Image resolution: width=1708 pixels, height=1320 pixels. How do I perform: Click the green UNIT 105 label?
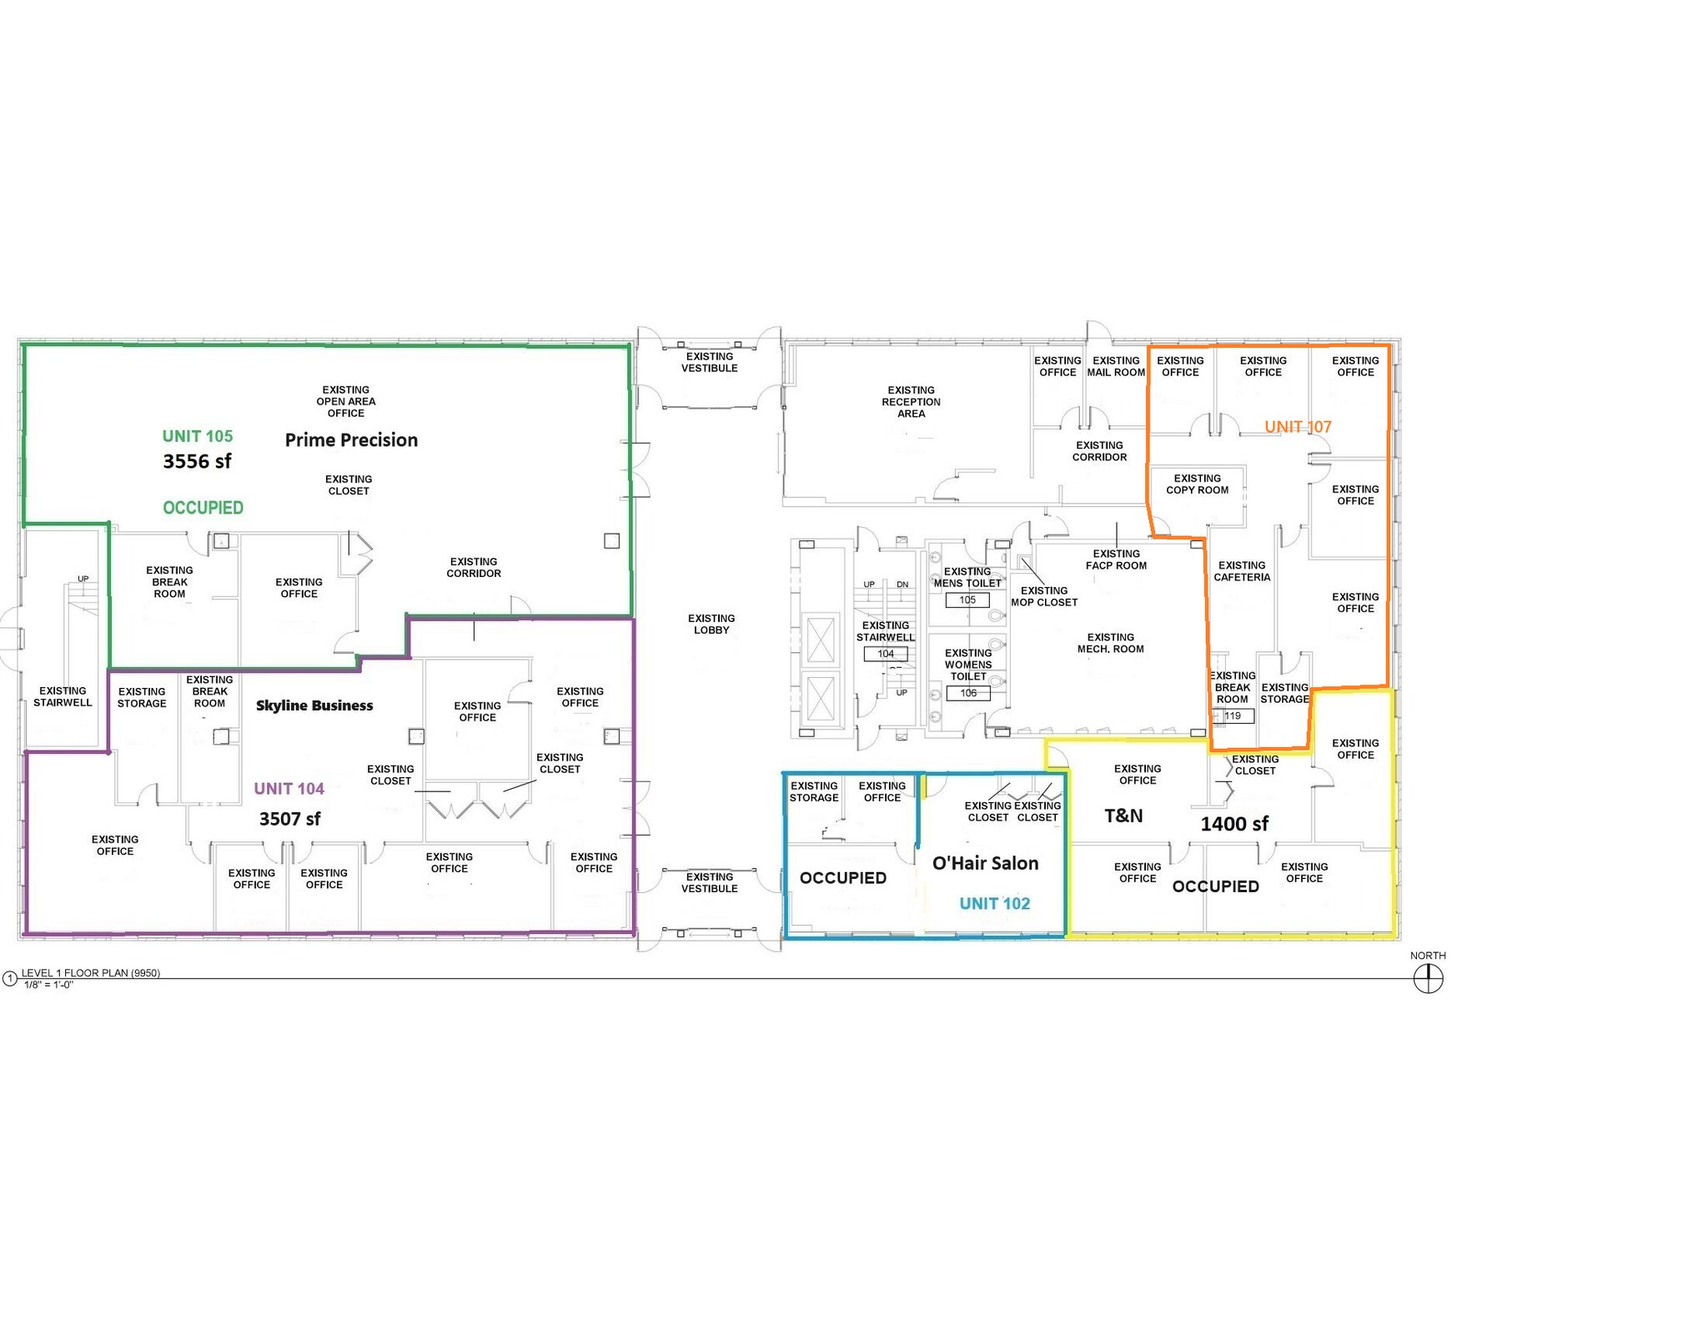pos(198,436)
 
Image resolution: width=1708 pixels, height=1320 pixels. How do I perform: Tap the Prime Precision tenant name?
pos(351,440)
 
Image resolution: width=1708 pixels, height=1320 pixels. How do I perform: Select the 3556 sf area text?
pos(197,462)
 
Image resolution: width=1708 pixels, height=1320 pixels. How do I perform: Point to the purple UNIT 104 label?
pos(289,789)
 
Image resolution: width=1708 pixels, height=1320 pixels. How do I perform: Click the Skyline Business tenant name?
pos(314,705)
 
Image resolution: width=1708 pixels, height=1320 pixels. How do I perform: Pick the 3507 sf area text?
pos(289,819)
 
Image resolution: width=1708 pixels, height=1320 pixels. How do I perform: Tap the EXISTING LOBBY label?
pos(711,625)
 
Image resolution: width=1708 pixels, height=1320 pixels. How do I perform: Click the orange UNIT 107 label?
pos(1298,427)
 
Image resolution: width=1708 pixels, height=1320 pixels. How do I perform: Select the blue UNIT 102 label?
pos(994,904)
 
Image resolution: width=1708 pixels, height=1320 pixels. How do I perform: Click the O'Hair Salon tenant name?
pos(985,864)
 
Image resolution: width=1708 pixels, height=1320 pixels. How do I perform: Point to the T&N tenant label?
pos(1123,816)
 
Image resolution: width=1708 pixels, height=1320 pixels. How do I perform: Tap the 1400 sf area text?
pos(1234,825)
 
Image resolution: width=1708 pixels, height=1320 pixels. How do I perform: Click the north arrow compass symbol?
pos(1428,978)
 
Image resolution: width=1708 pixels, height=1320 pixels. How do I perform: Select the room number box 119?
pos(1233,716)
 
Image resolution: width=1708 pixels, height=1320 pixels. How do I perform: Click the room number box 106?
pos(968,693)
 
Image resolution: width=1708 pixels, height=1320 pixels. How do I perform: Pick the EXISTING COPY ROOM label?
pos(1197,484)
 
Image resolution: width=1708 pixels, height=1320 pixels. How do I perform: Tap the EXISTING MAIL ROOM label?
pos(1116,367)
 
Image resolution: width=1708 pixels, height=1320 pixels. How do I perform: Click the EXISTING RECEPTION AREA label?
pos(911,402)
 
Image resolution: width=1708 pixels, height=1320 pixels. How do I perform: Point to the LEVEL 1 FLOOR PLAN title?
pos(90,973)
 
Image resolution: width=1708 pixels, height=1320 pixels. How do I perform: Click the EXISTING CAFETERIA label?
pos(1242,571)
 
